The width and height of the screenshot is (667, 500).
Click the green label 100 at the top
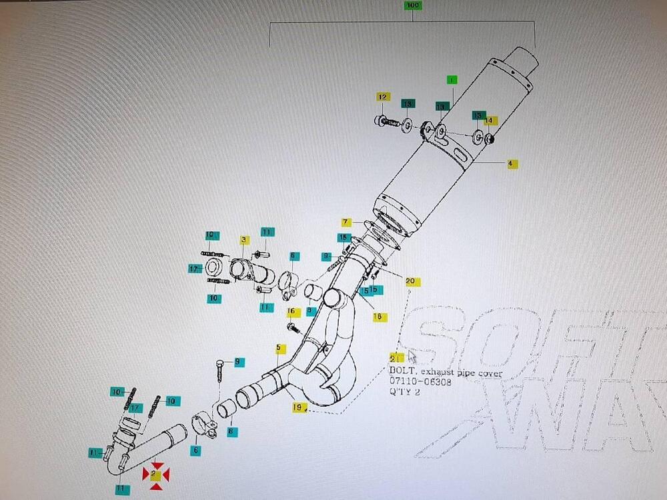coord(413,6)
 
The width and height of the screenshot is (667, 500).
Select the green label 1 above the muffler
coord(452,80)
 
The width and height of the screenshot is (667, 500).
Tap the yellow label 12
coord(383,97)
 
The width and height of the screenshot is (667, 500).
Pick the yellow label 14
coord(490,121)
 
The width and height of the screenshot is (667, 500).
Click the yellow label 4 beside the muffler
coord(512,163)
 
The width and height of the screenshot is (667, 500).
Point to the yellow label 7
coord(346,222)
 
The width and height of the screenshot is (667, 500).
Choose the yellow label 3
coord(245,239)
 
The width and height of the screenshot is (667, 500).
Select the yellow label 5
coord(280,349)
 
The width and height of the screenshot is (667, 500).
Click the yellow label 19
coord(297,406)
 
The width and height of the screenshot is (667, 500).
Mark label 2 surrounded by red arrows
coord(155,475)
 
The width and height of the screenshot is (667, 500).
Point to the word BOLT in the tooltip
coord(402,373)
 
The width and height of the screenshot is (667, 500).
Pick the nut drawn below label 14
coord(489,139)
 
